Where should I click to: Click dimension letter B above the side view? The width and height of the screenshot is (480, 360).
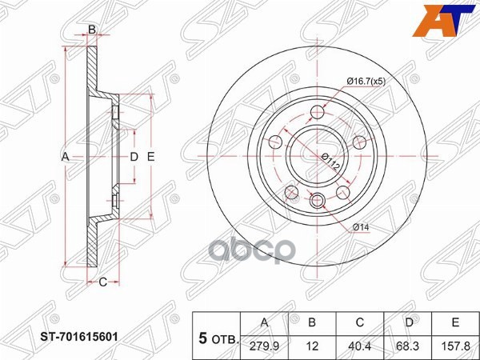pos(92,30)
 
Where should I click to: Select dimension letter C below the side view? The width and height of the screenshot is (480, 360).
pos(102,282)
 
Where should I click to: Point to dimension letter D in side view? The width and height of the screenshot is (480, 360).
pos(134,157)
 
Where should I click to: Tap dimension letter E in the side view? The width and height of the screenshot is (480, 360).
pos(150,157)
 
